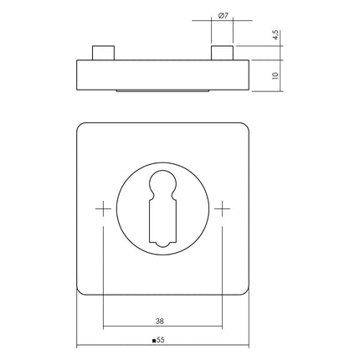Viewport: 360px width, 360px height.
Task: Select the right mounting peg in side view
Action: pos(221,54)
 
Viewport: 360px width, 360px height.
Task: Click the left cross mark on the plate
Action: pos(103,208)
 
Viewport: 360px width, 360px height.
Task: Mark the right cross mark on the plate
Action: pos(224,208)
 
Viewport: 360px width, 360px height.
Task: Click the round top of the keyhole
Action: pos(163,187)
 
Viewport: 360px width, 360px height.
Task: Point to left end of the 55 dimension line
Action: pos(76,347)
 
